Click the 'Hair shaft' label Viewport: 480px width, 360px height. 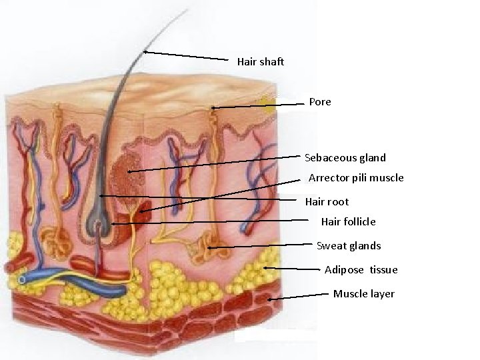[x=260, y=62]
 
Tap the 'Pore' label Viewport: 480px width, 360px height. [x=320, y=102]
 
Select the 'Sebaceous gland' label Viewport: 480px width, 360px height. [x=345, y=158]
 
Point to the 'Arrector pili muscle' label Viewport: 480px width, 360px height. [x=356, y=178]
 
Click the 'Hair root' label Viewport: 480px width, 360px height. [x=327, y=201]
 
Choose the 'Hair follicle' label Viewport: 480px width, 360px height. [x=348, y=221]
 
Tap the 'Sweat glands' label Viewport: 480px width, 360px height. [x=349, y=245]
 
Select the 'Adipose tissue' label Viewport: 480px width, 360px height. [x=361, y=269]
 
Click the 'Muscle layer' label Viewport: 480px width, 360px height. [x=363, y=293]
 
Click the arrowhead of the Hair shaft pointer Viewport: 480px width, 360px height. [x=145, y=51]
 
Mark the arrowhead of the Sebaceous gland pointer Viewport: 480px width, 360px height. [x=129, y=172]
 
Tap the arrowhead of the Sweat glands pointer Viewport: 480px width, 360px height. [x=209, y=248]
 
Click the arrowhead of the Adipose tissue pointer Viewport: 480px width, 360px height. [x=265, y=268]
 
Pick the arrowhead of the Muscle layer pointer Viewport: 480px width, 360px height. [x=269, y=300]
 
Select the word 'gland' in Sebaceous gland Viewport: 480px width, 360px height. [x=371, y=158]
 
